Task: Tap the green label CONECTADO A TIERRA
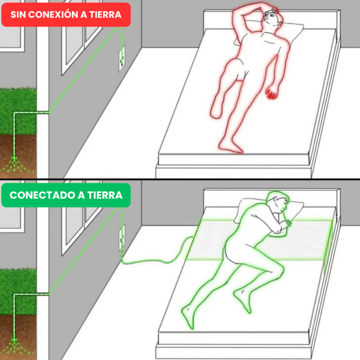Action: [x=65, y=196]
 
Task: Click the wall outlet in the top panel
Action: [x=122, y=57]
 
